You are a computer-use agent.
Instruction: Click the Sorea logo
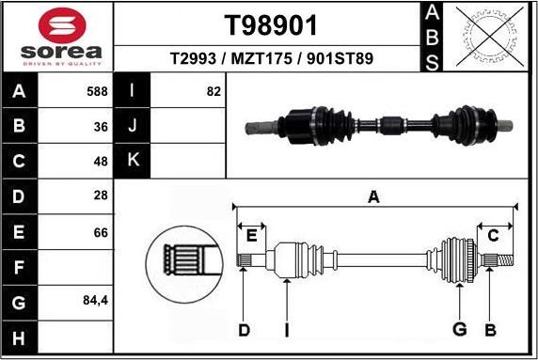point(57,37)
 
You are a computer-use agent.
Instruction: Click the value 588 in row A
point(97,92)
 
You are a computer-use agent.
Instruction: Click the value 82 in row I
point(213,92)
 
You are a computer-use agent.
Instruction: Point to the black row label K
point(133,160)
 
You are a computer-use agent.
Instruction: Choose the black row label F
point(20,268)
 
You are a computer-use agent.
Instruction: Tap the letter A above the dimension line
point(373,196)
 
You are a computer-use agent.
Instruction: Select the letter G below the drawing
point(459,329)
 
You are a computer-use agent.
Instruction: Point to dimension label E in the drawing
point(250,236)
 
